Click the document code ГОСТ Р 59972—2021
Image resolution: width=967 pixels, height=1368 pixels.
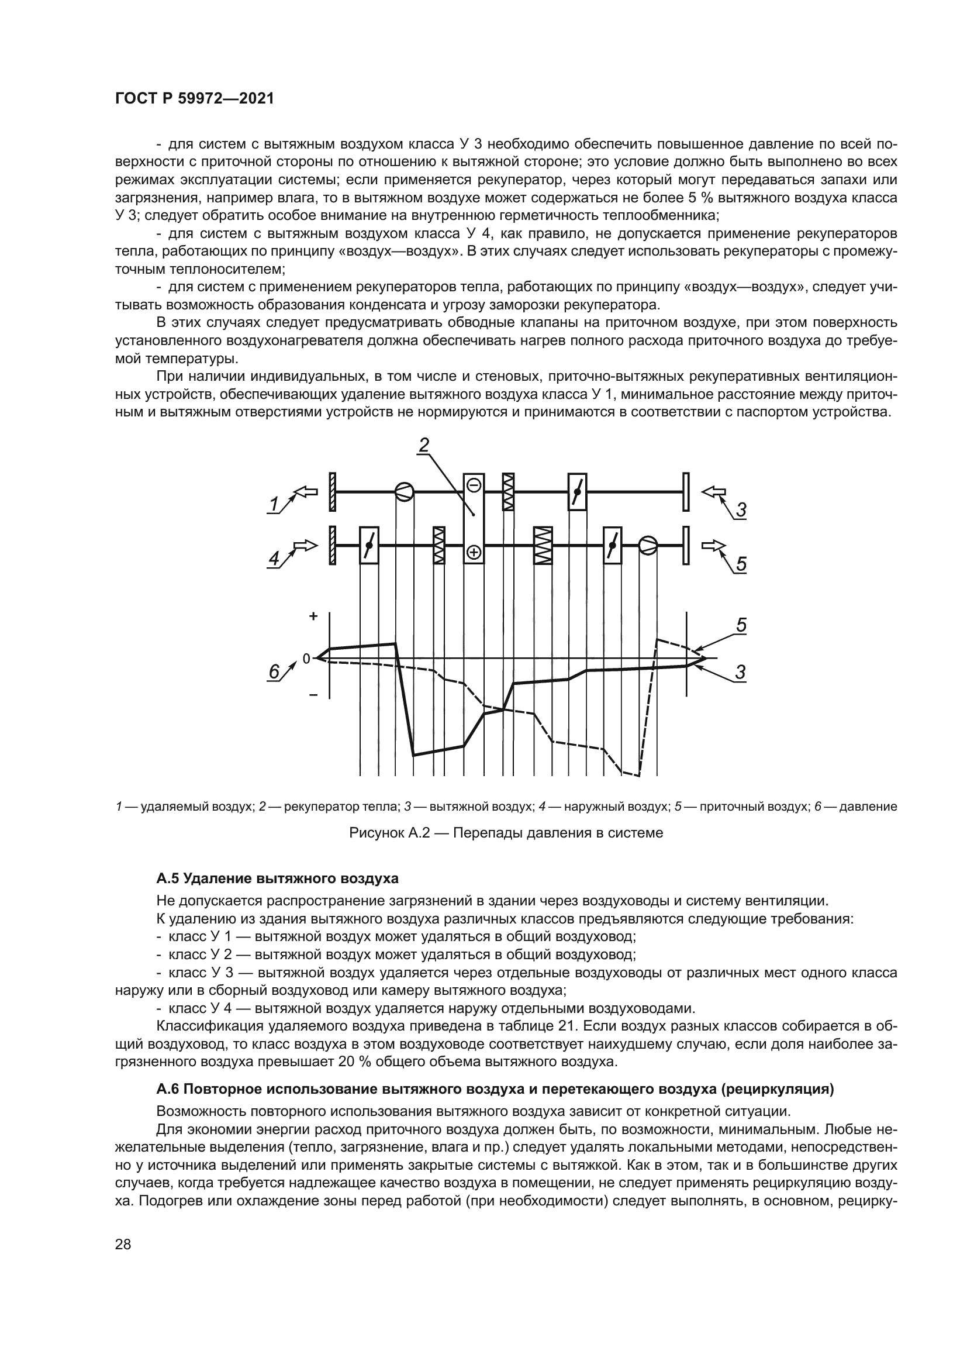[194, 99]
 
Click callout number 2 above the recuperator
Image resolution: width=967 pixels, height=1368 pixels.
[424, 445]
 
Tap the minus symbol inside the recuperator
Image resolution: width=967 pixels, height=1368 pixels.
[474, 485]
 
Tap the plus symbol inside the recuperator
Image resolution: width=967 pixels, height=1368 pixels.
[474, 552]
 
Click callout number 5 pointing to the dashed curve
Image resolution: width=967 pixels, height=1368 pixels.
[741, 625]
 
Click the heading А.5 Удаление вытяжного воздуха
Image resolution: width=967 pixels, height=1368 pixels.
[277, 878]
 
